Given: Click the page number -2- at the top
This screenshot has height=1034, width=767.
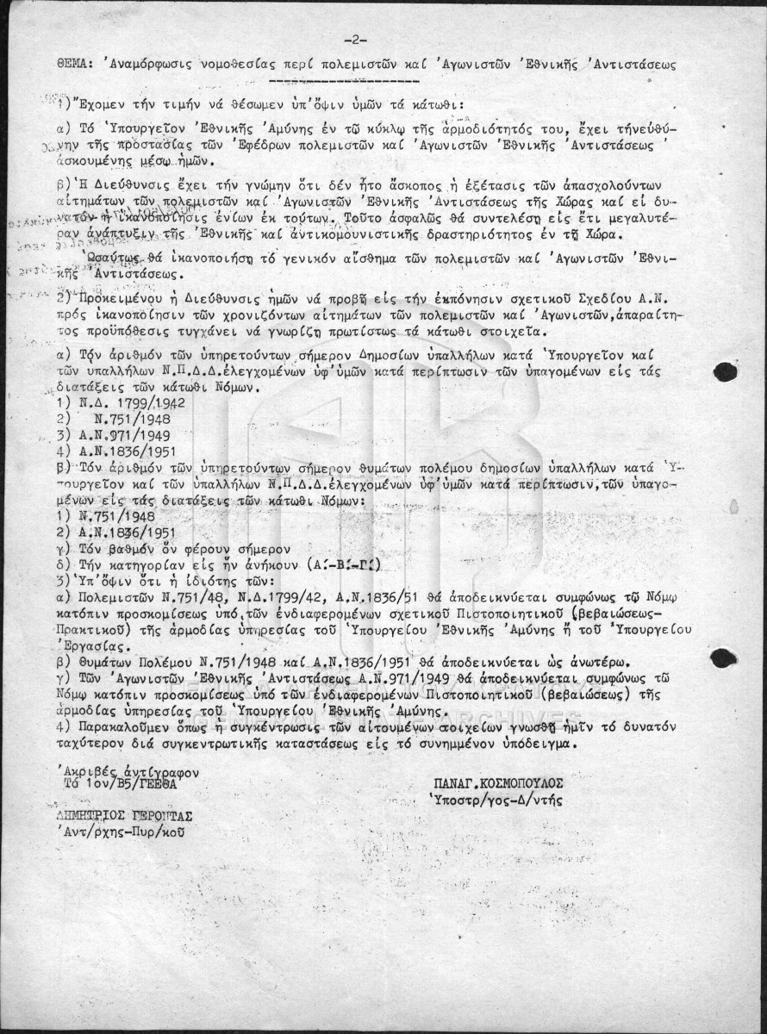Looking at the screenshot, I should click(x=355, y=40).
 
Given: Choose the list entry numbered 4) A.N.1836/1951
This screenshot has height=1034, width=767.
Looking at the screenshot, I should click(x=111, y=451).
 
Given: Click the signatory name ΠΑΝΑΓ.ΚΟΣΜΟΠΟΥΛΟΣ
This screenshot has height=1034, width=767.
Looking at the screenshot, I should click(x=500, y=783).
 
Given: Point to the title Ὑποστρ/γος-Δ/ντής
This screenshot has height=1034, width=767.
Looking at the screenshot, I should click(x=495, y=800).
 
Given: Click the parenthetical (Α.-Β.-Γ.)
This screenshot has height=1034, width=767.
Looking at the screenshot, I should click(x=344, y=566).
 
